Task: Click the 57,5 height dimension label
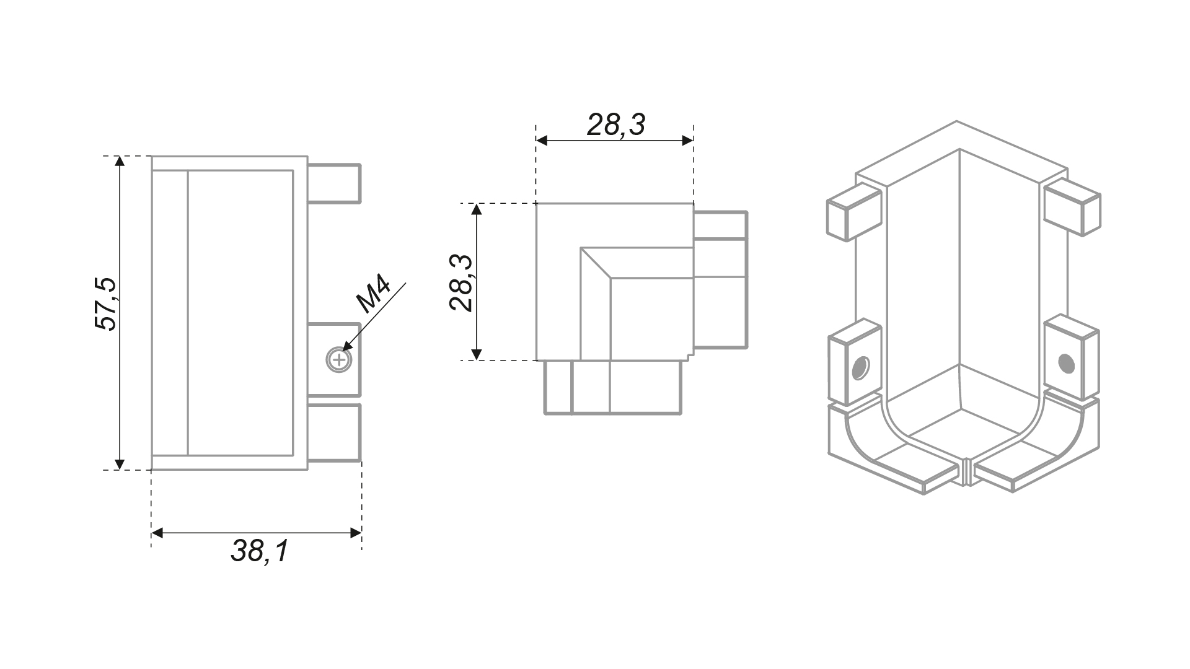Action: pos(105,304)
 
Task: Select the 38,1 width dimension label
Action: pos(260,551)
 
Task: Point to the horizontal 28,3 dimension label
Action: pos(616,125)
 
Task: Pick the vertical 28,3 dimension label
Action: pos(462,282)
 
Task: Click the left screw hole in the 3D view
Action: pos(860,368)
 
